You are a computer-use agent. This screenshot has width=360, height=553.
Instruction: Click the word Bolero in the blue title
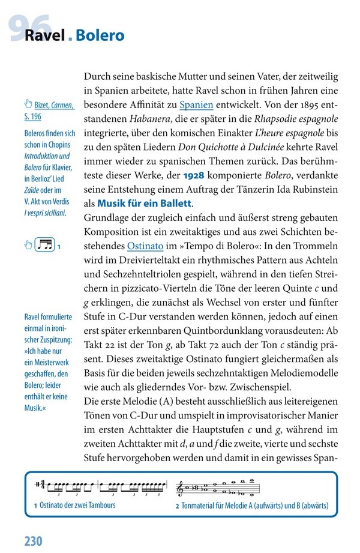(100, 36)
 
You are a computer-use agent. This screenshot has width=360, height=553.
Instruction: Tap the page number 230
(34, 540)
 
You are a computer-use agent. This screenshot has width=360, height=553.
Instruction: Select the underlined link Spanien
(196, 104)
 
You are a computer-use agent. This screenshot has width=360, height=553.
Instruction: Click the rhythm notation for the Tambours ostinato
(102, 485)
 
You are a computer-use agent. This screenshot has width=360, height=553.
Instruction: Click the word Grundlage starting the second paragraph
(110, 218)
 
